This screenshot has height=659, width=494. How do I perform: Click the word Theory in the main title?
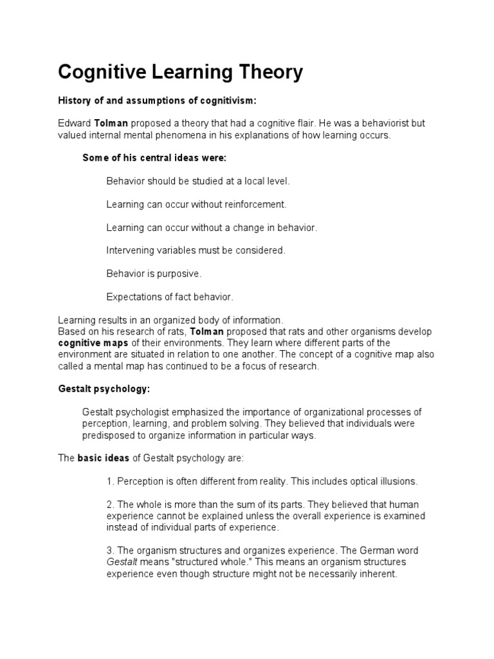[x=264, y=73]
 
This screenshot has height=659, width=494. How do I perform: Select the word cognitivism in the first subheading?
[x=203, y=101]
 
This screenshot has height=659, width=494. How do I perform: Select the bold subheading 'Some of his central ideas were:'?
[x=154, y=158]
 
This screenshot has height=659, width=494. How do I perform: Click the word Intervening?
[x=130, y=250]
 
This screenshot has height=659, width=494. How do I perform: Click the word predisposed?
[x=110, y=435]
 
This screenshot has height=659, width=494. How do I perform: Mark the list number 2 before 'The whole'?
[x=110, y=505]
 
